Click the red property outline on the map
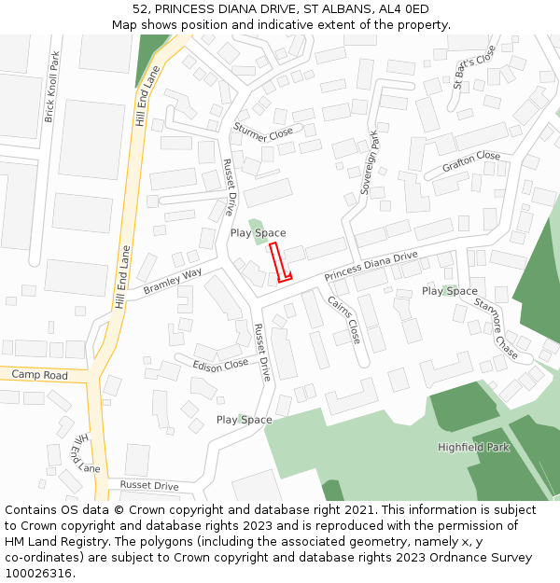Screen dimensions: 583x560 (281, 261)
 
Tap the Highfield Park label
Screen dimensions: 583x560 (474, 448)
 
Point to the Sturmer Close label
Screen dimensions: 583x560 (263, 132)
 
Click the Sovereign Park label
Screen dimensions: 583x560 (369, 162)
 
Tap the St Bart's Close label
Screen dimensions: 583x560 (475, 67)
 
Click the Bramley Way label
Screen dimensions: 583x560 (173, 282)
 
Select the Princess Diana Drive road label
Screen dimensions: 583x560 (371, 267)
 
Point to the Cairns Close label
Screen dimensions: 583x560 (343, 317)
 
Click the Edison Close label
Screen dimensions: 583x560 (221, 364)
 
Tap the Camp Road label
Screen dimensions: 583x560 (40, 375)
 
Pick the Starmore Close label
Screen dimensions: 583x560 (496, 327)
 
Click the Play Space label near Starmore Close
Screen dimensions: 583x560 (449, 291)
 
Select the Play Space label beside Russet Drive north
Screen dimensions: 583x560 (258, 233)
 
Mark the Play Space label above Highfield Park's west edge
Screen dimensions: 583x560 (244, 420)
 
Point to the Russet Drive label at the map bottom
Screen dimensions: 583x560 (149, 486)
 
